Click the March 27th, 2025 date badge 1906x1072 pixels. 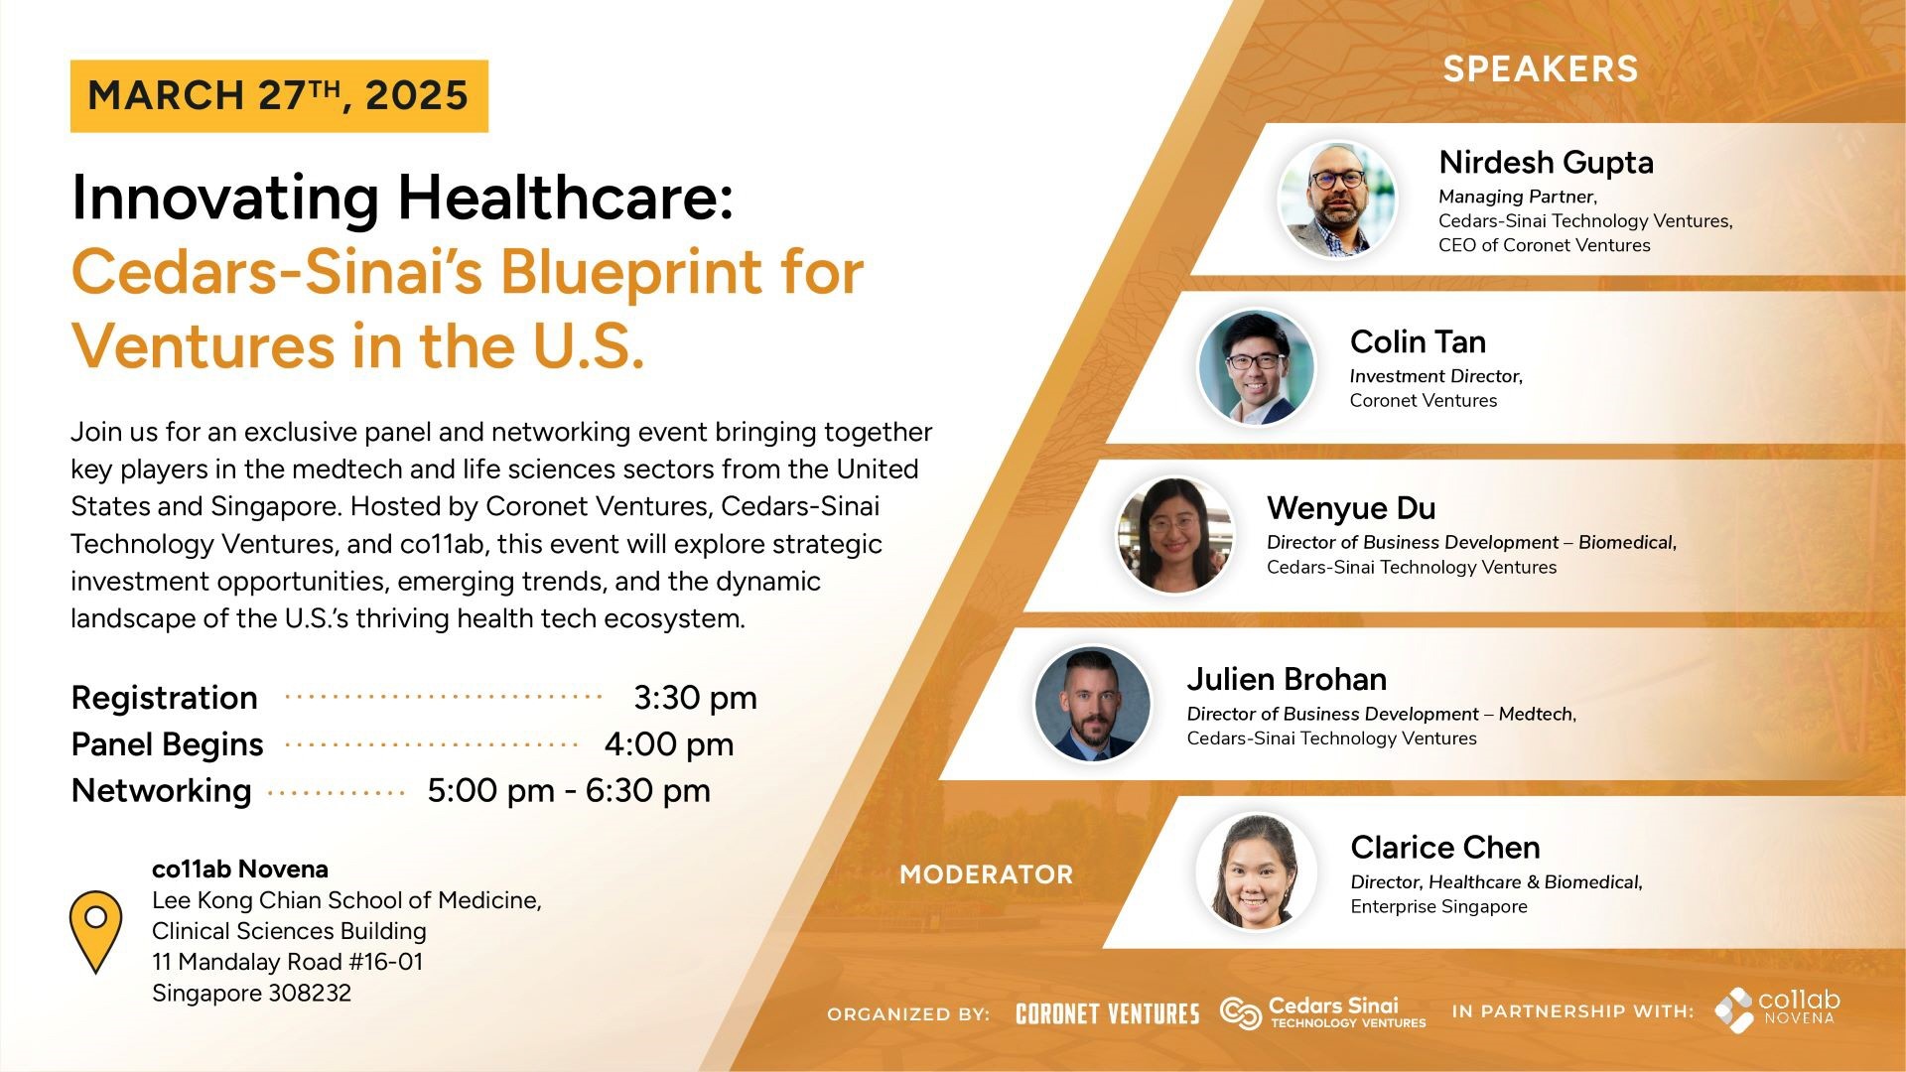point(279,96)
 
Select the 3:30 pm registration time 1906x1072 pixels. point(695,698)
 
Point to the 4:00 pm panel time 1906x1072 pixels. point(669,744)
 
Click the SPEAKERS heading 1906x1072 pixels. point(1541,68)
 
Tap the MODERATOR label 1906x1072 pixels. point(987,874)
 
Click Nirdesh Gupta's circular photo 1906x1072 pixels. point(1337,200)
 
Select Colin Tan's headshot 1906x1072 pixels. point(1257,368)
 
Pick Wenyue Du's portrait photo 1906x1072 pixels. point(1175,536)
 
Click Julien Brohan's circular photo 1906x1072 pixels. point(1093,704)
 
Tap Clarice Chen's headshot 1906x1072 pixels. point(1257,872)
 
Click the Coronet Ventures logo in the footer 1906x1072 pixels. point(1108,1013)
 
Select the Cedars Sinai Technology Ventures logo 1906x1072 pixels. point(1323,1012)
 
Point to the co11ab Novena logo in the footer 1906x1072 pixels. point(1777,1009)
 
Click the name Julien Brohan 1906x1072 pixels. point(1287,679)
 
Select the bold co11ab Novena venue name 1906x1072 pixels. point(240,869)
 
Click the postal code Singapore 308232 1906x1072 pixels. point(251,993)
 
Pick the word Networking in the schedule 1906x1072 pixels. point(162,791)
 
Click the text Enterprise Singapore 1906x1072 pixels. point(1438,906)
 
